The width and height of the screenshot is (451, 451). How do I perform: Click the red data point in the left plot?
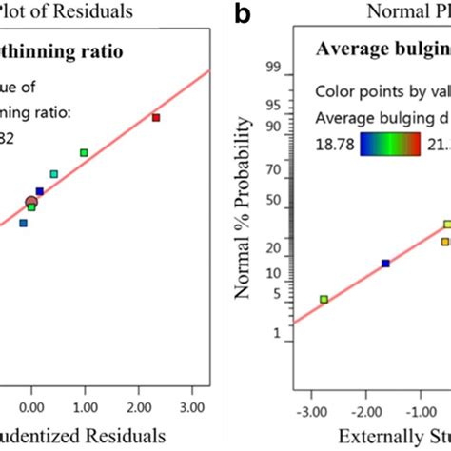[x=156, y=117]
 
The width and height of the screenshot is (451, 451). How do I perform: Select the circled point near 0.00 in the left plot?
[x=31, y=201]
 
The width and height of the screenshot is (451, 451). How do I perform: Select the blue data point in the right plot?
[x=385, y=264]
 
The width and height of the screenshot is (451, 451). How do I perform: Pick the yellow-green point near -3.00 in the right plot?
[x=324, y=299]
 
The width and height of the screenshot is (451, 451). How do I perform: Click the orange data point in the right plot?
[x=444, y=242]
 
